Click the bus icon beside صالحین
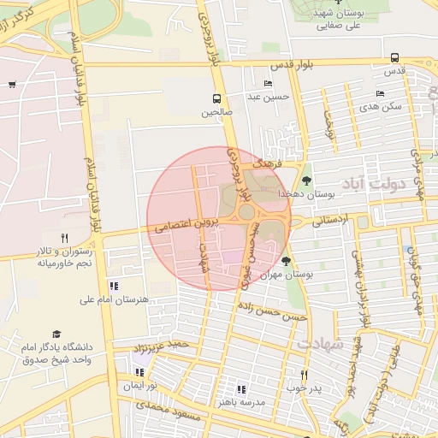tap(216, 98)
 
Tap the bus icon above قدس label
tap(394, 58)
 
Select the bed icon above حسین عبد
tap(269, 83)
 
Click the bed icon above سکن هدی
tap(380, 93)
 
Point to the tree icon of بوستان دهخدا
tap(306, 180)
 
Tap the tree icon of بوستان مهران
tap(286, 261)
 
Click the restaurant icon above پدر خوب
tap(303, 375)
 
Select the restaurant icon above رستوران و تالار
tap(64, 238)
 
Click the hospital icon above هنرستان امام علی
tap(113, 286)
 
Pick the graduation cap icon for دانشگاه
tap(56, 334)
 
